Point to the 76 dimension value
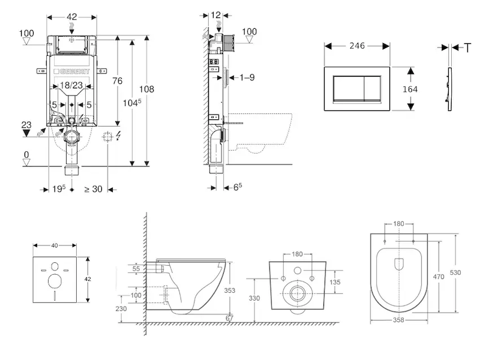[118, 81]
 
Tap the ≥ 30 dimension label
[93, 189]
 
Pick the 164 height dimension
[410, 88]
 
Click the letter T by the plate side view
[468, 47]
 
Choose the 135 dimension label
[335, 282]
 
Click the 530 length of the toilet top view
[456, 272]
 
